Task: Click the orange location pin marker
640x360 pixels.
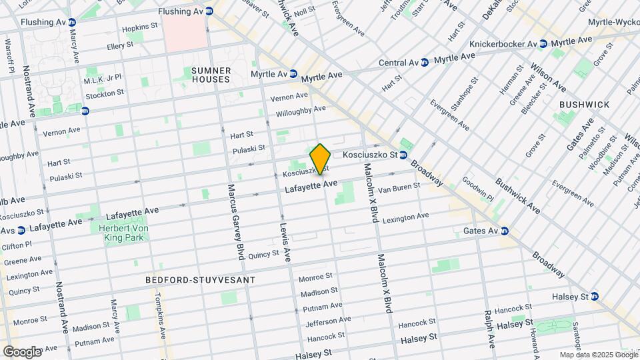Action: point(320,159)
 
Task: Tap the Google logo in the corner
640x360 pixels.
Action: point(21,351)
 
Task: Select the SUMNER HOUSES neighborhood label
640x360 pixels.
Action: point(211,75)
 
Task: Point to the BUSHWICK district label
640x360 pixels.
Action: point(584,105)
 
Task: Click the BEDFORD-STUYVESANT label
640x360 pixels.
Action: point(200,280)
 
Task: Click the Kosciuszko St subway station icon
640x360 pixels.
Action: point(404,155)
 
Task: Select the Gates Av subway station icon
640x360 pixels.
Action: point(505,231)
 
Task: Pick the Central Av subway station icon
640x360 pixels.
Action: point(425,63)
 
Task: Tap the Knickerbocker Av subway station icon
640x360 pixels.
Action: point(543,44)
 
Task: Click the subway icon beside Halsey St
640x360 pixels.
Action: point(594,296)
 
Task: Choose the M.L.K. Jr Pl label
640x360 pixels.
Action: point(103,78)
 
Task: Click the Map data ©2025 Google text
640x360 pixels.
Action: point(597,355)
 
